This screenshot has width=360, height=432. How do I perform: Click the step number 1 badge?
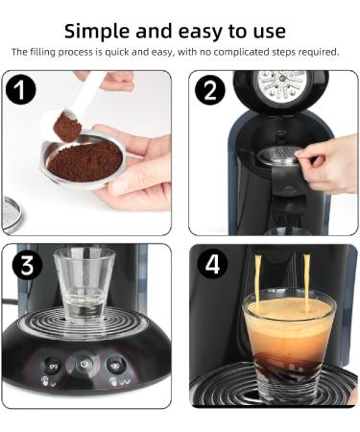[x=21, y=91]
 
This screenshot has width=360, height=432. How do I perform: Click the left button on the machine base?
[x=49, y=366]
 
